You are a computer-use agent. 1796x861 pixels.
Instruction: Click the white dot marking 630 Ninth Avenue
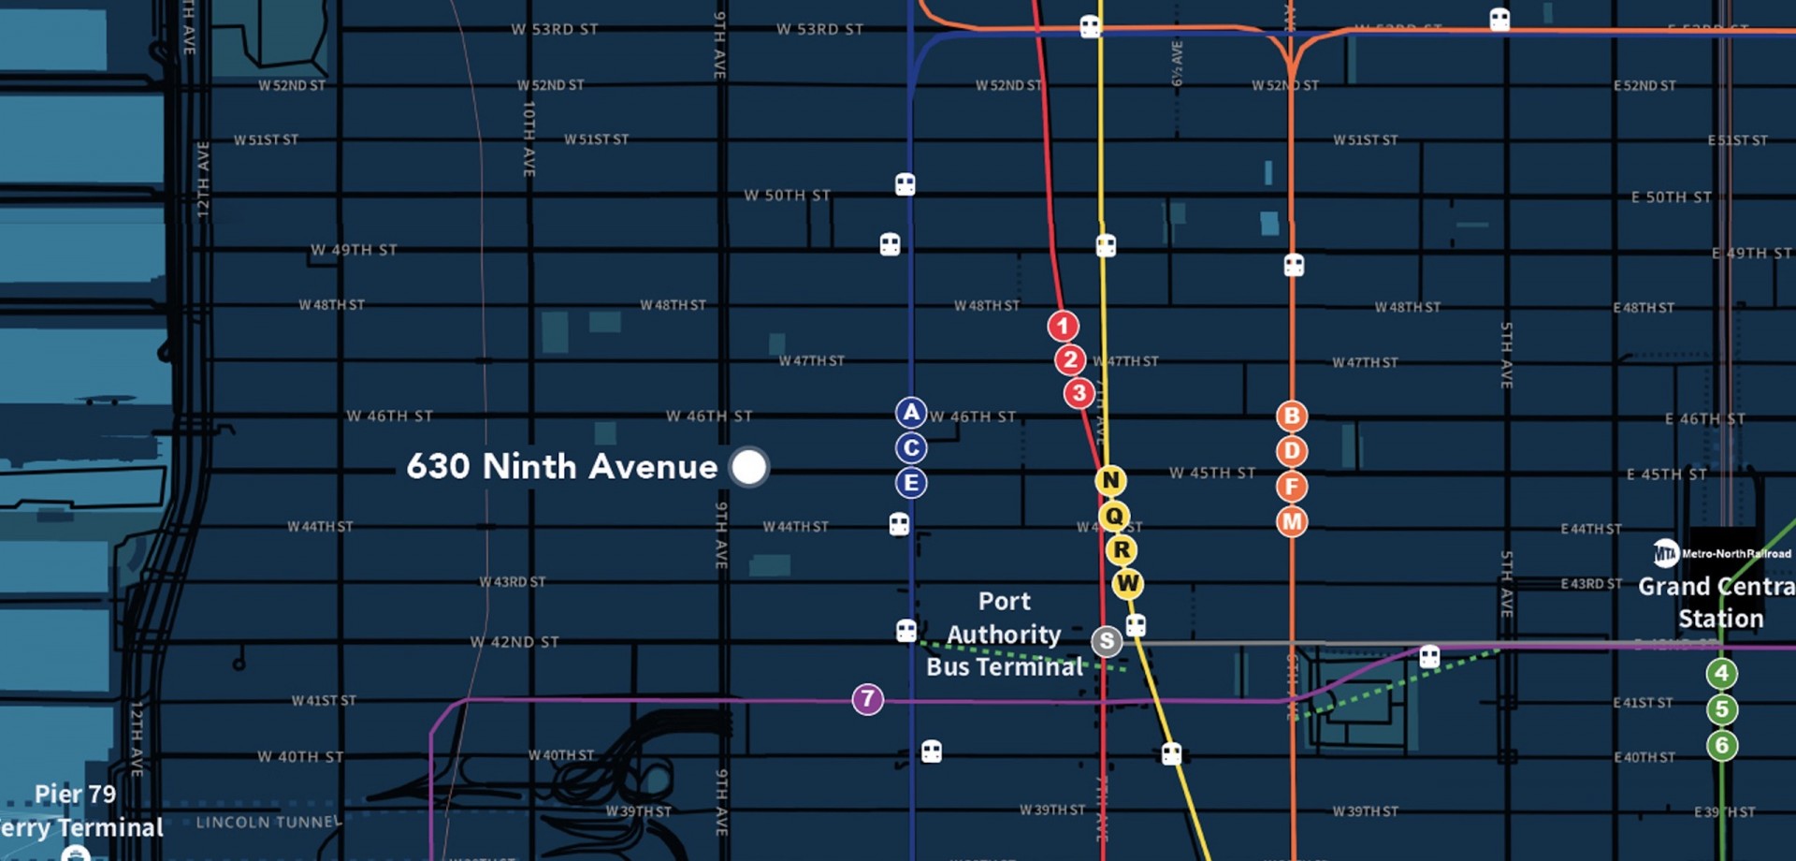pyautogui.click(x=748, y=467)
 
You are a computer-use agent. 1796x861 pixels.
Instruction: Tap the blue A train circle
pyautogui.click(x=910, y=413)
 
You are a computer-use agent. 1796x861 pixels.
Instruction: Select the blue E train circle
pyautogui.click(x=910, y=483)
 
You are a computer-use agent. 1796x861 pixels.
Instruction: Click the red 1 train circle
pyautogui.click(x=1063, y=326)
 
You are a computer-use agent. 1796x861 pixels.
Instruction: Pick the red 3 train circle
pyautogui.click(x=1079, y=393)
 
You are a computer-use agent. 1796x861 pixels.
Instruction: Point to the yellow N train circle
pyautogui.click(x=1110, y=481)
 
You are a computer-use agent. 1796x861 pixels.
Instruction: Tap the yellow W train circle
pyautogui.click(x=1127, y=584)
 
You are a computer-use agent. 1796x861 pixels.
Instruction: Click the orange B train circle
pyautogui.click(x=1292, y=416)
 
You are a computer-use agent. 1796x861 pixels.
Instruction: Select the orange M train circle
pyautogui.click(x=1292, y=521)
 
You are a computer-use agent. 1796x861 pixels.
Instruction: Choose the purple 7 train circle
pyautogui.click(x=867, y=699)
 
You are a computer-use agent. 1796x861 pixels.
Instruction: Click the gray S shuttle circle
pyautogui.click(x=1107, y=641)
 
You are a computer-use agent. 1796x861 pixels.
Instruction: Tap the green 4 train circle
pyautogui.click(x=1721, y=673)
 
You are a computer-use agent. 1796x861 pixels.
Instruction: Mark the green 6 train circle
pyautogui.click(x=1721, y=745)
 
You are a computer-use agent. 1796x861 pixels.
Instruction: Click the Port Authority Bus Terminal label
pyautogui.click(x=1004, y=635)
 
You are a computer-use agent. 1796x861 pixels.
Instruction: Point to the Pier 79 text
pyautogui.click(x=76, y=794)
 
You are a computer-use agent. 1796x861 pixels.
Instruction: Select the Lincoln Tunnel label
pyautogui.click(x=268, y=823)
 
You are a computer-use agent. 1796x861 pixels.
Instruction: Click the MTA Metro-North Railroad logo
pyautogui.click(x=1666, y=553)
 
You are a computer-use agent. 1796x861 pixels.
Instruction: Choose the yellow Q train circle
pyautogui.click(x=1114, y=516)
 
